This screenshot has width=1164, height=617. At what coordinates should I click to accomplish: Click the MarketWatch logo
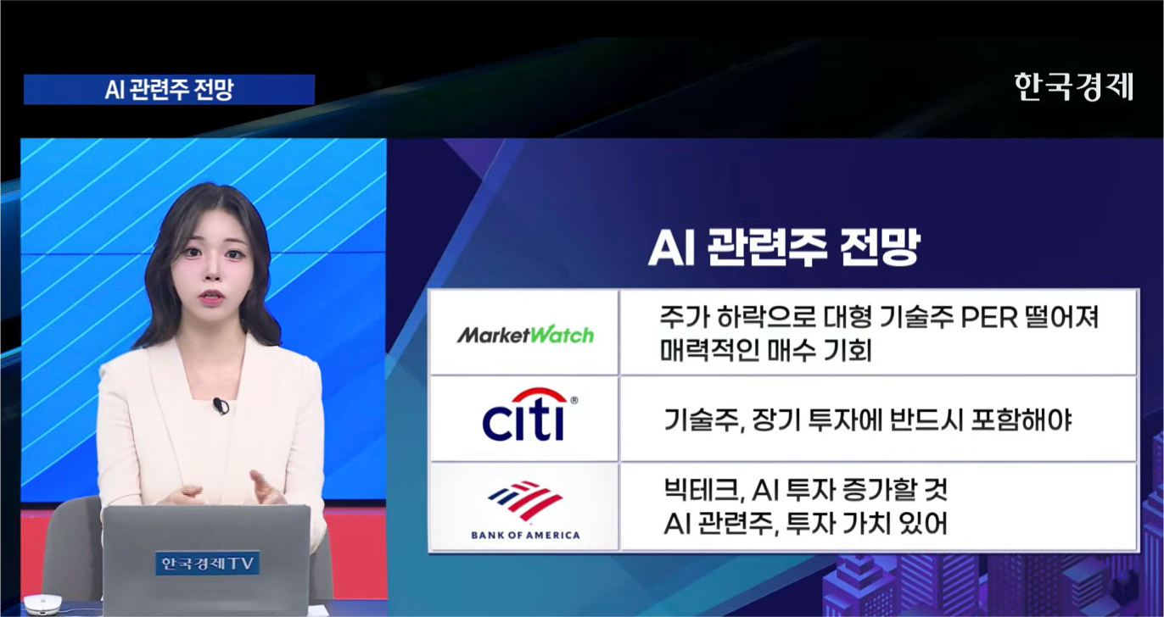[525, 336]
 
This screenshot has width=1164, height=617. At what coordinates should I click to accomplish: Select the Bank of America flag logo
[525, 500]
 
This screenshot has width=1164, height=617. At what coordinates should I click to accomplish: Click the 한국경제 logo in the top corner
[1073, 86]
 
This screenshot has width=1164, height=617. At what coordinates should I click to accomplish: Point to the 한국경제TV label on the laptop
[207, 563]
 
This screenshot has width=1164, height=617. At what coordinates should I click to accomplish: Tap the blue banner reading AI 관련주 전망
[169, 89]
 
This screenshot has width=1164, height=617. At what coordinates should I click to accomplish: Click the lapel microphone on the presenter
[221, 406]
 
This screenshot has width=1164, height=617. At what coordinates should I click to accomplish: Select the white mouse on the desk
[43, 604]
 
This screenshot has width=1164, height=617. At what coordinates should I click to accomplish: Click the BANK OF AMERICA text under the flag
[525, 535]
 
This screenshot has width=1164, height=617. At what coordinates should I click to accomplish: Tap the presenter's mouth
[211, 297]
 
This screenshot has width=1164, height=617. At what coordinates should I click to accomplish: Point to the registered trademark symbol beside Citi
[574, 400]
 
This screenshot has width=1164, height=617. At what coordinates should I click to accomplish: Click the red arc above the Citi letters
[540, 395]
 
